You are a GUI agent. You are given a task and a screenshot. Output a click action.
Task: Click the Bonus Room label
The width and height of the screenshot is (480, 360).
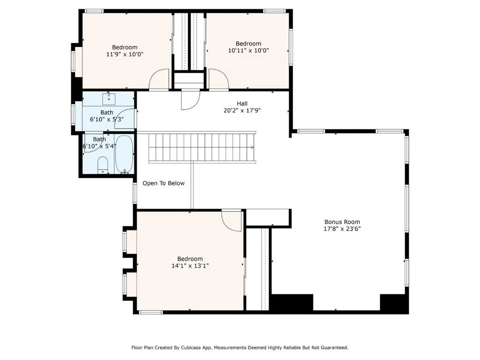tap(342, 222)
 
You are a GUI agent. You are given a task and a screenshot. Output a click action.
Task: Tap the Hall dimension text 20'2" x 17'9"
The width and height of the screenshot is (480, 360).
tap(242, 111)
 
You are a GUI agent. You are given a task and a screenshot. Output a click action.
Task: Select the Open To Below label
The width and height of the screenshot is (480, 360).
tap(164, 183)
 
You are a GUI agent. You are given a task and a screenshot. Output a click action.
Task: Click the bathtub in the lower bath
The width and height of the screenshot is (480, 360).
tap(124, 154)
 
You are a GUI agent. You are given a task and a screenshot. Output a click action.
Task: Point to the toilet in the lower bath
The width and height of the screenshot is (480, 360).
tap(103, 165)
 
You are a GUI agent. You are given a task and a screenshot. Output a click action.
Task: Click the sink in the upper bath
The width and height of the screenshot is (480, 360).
tap(109, 98)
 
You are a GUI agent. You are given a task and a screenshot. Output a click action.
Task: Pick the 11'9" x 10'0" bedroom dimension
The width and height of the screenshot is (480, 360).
tap(125, 54)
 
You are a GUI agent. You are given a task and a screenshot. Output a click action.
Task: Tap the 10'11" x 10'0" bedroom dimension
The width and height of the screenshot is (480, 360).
tap(248, 51)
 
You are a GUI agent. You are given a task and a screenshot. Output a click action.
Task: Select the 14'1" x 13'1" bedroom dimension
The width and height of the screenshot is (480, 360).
tap(190, 266)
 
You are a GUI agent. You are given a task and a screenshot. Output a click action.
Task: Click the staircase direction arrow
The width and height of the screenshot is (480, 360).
tap(252, 147)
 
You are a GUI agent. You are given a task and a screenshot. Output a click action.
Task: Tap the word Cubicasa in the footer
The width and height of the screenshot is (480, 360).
tap(191, 347)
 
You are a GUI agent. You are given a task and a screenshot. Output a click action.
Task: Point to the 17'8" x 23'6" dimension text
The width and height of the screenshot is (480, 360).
tap(342, 229)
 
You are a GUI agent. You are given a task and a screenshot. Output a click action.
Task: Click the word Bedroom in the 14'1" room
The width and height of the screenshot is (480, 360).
tap(190, 259)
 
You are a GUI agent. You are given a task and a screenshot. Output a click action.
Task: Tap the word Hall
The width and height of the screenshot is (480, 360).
tap(242, 104)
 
